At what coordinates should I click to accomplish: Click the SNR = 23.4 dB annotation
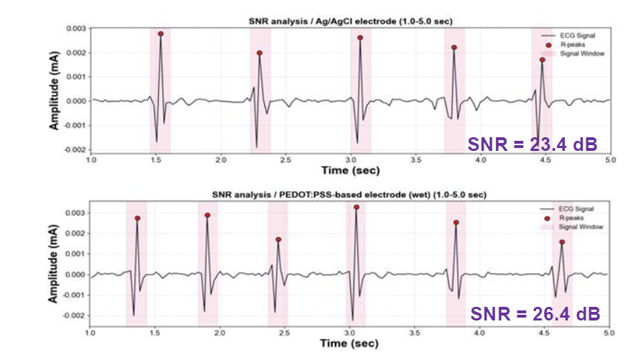(x=532, y=143)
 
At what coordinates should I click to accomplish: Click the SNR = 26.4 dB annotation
(x=535, y=314)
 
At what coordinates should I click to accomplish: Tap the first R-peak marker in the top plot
(x=161, y=34)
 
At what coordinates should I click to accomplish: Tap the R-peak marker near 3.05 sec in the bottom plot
(x=356, y=207)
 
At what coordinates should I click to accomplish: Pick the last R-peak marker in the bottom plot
(x=562, y=242)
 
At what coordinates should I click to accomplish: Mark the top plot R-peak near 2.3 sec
(x=259, y=53)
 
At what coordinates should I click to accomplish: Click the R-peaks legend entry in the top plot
(x=576, y=44)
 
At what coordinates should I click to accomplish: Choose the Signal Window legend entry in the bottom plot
(x=573, y=227)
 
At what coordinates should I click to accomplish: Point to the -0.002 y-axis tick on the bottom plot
(x=75, y=315)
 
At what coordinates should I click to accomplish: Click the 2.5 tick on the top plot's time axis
(x=285, y=159)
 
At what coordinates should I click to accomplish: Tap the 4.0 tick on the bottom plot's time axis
(x=479, y=333)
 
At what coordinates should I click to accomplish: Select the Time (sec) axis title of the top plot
(x=349, y=170)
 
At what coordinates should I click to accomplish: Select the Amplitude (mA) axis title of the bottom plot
(x=54, y=264)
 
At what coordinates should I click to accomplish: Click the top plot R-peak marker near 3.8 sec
(x=454, y=47)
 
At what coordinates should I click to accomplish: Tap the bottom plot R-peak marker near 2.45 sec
(x=278, y=239)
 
